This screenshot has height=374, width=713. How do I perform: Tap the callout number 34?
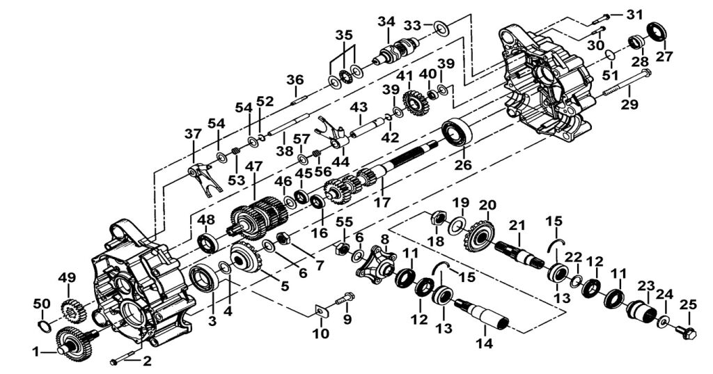coord(386,22)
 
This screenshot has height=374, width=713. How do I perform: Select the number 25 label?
coord(689,304)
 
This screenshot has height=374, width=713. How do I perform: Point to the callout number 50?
coord(42,304)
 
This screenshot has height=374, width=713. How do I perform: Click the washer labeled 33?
coord(440,27)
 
